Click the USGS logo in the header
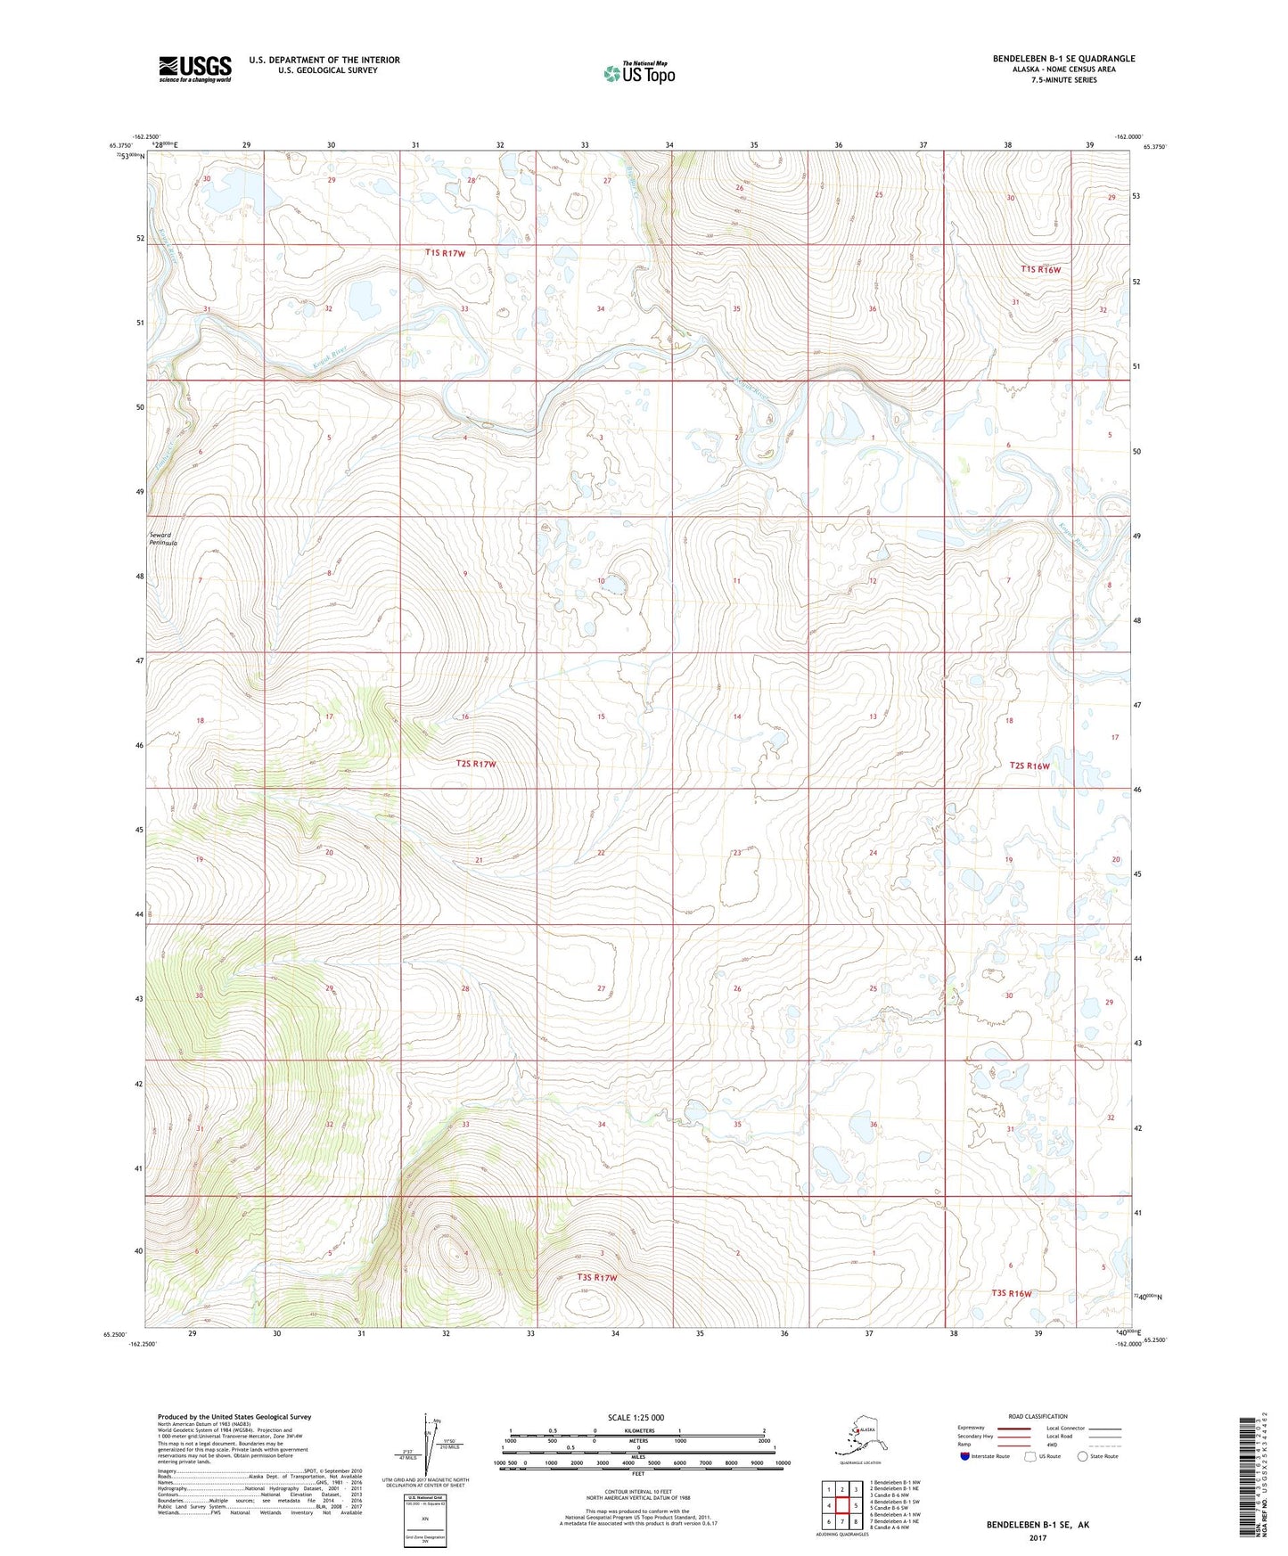195,69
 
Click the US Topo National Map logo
638,72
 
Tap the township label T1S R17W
445,253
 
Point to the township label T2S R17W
476,764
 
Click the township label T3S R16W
1011,1293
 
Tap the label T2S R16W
1030,766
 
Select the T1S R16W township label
1041,269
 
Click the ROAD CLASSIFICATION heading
1038,1416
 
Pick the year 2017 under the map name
1037,1536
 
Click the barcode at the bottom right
1251,1477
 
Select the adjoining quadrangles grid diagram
841,1506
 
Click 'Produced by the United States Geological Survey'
234,1416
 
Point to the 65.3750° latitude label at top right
1151,146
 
